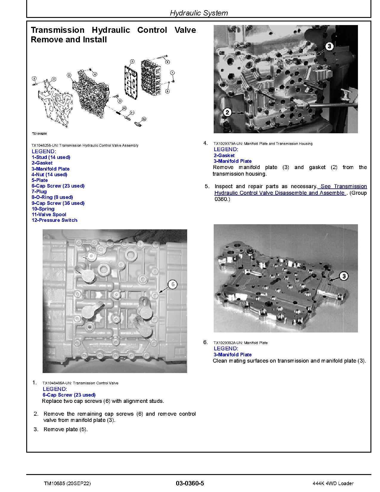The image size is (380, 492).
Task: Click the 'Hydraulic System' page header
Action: coord(199,13)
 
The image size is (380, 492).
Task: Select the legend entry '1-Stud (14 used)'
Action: coord(51,157)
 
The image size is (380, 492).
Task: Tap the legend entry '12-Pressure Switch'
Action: coord(55,220)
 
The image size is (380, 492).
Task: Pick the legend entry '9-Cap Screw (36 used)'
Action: coord(58,203)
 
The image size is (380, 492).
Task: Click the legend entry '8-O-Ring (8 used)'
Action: coord(52,197)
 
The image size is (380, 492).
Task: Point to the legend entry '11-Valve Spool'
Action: coord(49,214)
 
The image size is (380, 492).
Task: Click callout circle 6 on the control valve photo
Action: coord(173,284)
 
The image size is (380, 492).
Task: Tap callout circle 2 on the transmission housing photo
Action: coord(227,112)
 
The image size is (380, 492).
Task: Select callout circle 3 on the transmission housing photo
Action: coord(329,46)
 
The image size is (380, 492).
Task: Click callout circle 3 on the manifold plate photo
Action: coord(344,276)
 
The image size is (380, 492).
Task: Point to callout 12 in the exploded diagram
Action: coord(144,119)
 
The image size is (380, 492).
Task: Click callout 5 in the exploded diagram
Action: coord(132,61)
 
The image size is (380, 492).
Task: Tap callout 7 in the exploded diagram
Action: coord(172,73)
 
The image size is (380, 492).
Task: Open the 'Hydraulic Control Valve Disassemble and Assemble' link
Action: coord(280,193)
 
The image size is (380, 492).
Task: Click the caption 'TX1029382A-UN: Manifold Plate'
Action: coord(241,343)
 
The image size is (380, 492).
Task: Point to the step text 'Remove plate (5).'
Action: coord(66,429)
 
